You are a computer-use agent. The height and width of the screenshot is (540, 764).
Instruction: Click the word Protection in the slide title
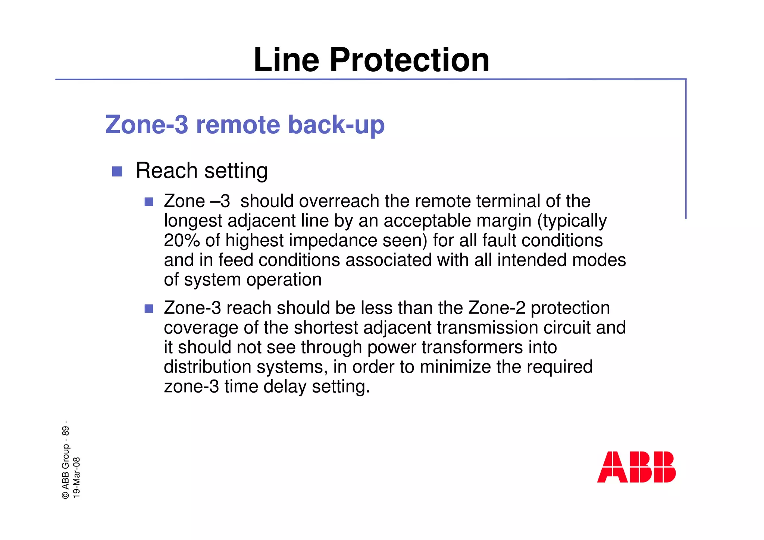click(x=409, y=60)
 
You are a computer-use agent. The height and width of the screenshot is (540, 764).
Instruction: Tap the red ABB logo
click(x=636, y=467)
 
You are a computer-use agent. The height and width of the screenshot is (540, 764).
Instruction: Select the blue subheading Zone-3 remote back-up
click(x=245, y=124)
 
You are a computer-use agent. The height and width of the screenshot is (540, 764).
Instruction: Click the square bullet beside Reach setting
click(x=117, y=171)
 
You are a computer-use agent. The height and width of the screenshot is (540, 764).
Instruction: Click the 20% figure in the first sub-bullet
click(x=182, y=240)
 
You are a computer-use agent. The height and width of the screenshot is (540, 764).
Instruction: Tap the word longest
click(x=193, y=221)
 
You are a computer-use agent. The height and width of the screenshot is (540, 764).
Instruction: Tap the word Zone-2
click(x=497, y=308)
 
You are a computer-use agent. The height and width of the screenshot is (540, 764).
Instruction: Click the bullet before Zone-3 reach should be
click(x=149, y=309)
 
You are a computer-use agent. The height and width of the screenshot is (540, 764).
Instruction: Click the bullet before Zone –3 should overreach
click(x=149, y=202)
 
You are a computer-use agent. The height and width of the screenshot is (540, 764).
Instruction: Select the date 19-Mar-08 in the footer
click(x=76, y=477)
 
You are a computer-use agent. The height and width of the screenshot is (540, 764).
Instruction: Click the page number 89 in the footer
click(x=66, y=431)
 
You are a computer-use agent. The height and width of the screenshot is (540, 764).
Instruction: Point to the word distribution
click(x=206, y=367)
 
